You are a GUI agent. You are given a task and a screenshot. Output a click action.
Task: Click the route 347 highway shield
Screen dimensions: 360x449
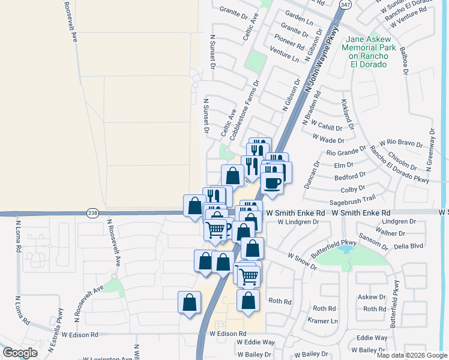click(345, 4)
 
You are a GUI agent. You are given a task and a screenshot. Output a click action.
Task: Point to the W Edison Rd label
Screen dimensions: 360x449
click(228, 333)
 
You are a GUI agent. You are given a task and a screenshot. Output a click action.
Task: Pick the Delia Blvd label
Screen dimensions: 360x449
click(408, 246)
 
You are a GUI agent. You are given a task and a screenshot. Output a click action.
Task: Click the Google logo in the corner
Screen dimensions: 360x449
click(20, 353)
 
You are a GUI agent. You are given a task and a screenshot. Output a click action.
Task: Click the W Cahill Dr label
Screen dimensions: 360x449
click(327, 128)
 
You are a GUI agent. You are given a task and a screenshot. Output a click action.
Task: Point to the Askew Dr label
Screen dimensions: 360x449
click(372, 297)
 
